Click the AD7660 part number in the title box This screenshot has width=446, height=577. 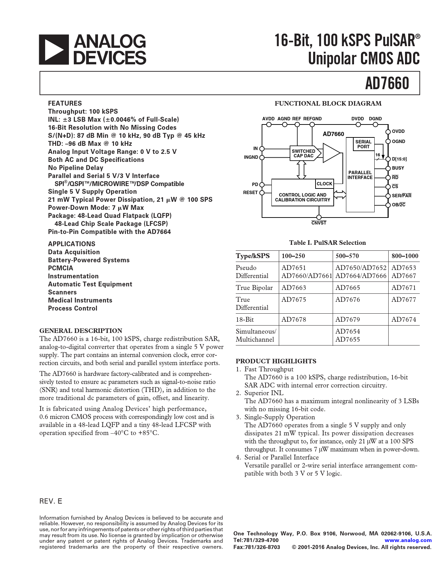387,84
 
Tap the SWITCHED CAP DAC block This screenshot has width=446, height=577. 304,154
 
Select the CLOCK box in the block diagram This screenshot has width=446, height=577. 324,184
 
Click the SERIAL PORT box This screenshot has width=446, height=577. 363,144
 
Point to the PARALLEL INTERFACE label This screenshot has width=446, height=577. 360,175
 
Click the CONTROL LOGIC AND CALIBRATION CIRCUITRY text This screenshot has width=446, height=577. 303,197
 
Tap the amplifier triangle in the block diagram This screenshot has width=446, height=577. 331,154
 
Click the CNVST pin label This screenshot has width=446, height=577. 319,223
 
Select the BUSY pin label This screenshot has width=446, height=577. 398,168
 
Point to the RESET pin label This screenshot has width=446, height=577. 250,193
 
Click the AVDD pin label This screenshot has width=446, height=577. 268,119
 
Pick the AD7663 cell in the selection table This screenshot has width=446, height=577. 294,288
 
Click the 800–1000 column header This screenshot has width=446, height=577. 405,256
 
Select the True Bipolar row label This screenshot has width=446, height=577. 254,288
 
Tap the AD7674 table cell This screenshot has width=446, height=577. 404,320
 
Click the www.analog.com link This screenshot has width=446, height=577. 408,540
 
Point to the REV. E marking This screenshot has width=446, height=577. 51,501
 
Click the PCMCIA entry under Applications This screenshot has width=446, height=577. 61,268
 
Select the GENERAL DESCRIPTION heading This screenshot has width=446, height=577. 81,331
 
